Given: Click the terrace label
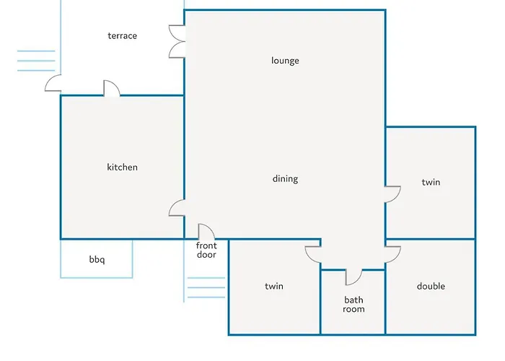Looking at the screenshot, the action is coord(123,36).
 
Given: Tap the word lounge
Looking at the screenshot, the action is coord(285,61).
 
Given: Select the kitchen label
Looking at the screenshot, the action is coord(123,167).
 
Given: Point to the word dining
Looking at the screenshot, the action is coord(286,179).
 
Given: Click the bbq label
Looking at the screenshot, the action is coord(97,259).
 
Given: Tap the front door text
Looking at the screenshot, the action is coord(206,250).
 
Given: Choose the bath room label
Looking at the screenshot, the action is coord(353,305).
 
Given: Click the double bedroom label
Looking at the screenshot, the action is coord(431,286).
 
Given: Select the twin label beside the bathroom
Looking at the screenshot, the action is coord(274,286).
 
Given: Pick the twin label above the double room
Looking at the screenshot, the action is coord(431,182).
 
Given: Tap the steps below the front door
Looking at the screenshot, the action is coord(206,287).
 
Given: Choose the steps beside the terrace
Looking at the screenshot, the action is coord(36,61).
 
